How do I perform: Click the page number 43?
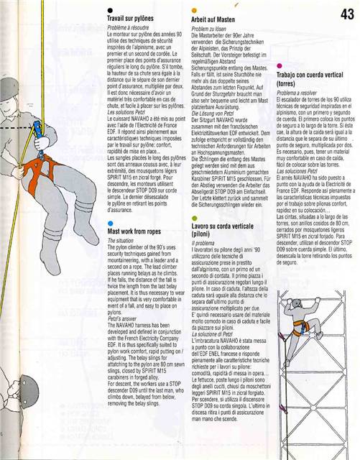tap(347, 14)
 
